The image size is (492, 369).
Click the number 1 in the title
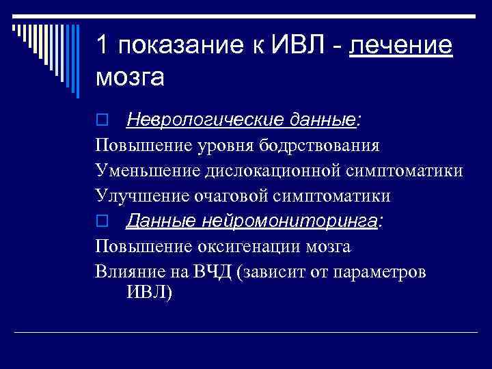click(x=102, y=46)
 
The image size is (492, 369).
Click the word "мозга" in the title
click(x=130, y=78)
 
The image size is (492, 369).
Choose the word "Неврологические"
click(x=194, y=120)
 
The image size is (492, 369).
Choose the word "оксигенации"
click(x=251, y=246)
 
